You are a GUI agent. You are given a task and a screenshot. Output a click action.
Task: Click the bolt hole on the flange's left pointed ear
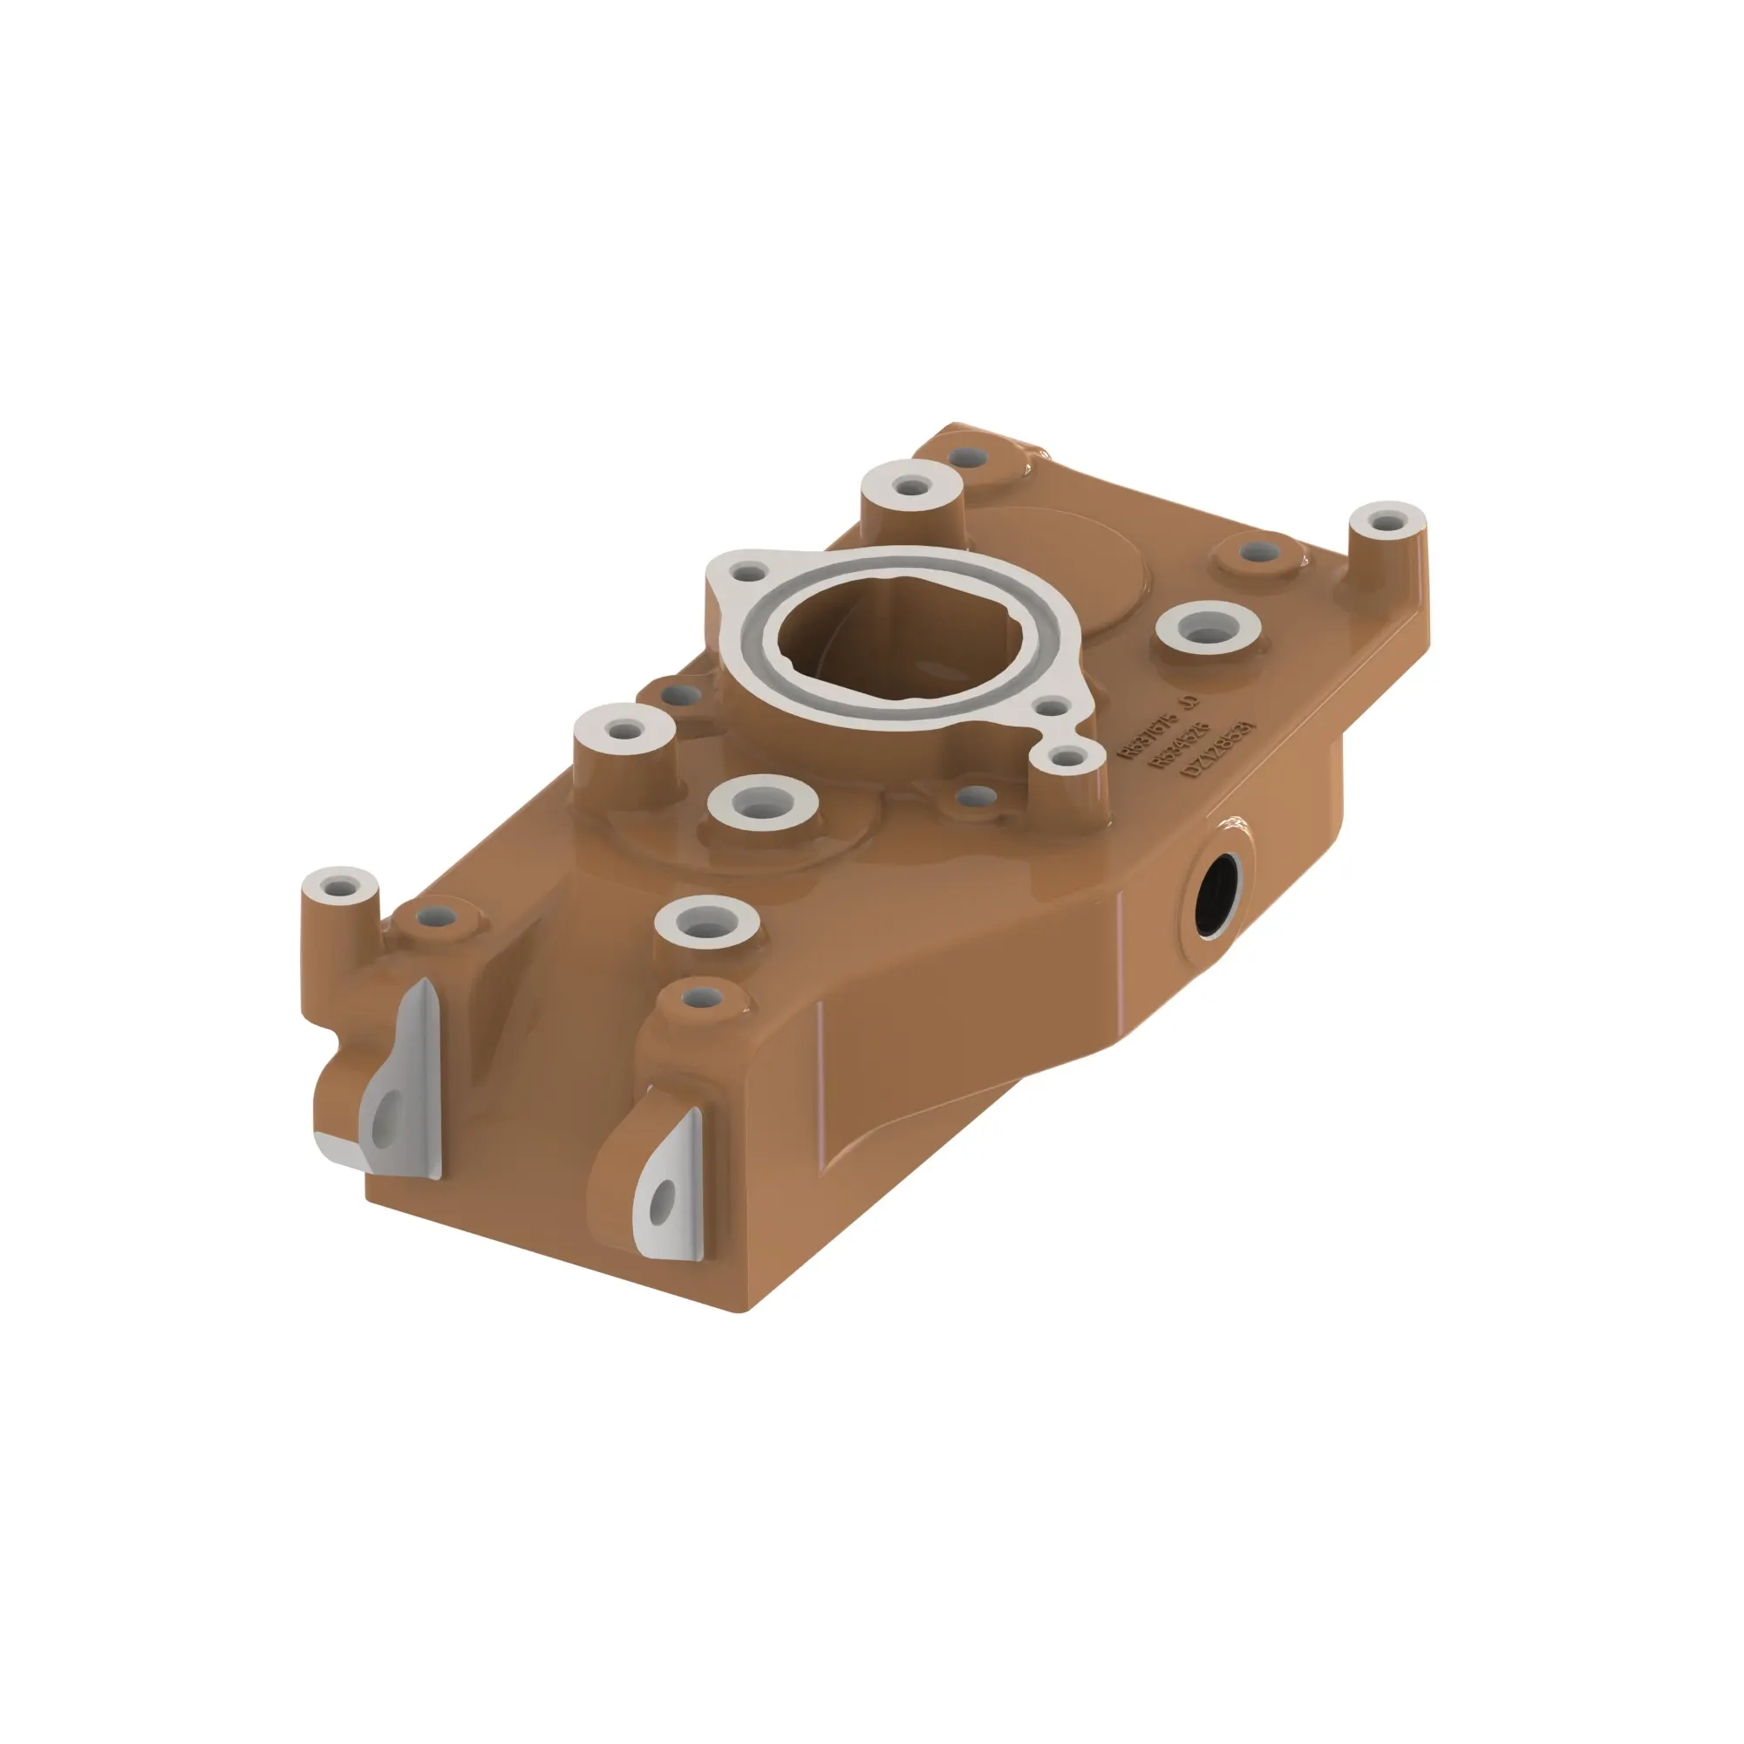point(746,572)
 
